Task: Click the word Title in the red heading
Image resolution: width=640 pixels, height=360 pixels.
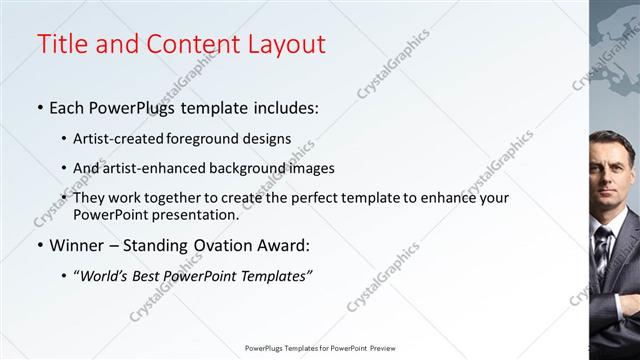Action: [62, 45]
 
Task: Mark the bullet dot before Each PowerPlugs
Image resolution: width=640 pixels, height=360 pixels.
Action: [39, 106]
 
